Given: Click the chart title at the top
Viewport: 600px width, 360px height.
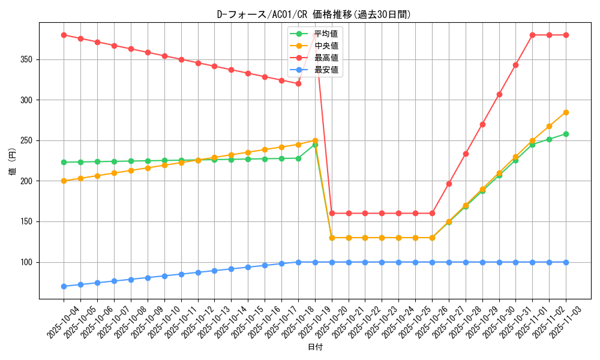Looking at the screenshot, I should (x=314, y=14).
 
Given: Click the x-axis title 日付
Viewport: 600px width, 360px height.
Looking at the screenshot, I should (x=315, y=347).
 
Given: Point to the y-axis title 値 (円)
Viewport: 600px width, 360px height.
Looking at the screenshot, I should (x=12, y=161).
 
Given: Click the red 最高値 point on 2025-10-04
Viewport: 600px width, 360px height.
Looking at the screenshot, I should (x=64, y=35).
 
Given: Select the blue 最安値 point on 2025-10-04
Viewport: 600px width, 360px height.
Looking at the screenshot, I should (x=64, y=286).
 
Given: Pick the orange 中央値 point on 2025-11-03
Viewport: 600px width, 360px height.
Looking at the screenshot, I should (x=566, y=112).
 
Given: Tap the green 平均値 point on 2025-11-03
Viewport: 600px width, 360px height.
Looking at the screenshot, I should (x=566, y=134).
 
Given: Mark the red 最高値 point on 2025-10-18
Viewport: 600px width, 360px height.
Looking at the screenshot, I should (x=298, y=83).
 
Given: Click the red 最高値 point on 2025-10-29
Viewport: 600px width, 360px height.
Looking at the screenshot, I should (x=482, y=124).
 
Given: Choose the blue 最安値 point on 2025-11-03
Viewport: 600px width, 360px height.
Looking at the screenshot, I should (x=566, y=262).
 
